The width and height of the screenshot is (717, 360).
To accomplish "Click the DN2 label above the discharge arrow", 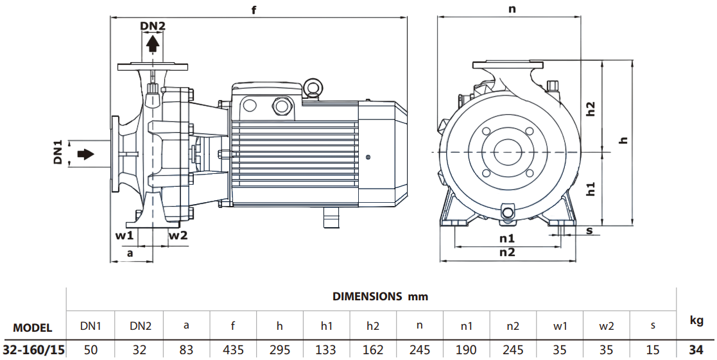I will point(153,26).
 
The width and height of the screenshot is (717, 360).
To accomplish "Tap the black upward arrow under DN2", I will point(153,44).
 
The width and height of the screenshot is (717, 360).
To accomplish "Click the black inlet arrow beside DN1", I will point(85,154).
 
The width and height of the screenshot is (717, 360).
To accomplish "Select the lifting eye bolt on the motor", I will point(313,87).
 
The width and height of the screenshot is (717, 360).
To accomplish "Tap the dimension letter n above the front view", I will point(512,9).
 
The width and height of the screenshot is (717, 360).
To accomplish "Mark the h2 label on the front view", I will point(591,109).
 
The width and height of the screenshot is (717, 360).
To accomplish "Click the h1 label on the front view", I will point(591,189).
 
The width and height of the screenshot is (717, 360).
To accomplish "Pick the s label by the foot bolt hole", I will point(589,230).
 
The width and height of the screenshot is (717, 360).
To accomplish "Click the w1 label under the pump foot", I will point(124,235).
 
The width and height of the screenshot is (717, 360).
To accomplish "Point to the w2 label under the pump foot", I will point(178,235).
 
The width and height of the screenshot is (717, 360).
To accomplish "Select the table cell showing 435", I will point(232,350).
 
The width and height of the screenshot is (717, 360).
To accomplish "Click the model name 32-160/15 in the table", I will point(33,350).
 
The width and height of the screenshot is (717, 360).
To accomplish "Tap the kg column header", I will point(696,321).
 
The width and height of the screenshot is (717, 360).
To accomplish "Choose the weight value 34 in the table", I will point(696,350).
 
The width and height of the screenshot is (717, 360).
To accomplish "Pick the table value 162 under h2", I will point(373,350).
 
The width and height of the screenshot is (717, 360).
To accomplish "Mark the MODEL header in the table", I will point(33,327).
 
